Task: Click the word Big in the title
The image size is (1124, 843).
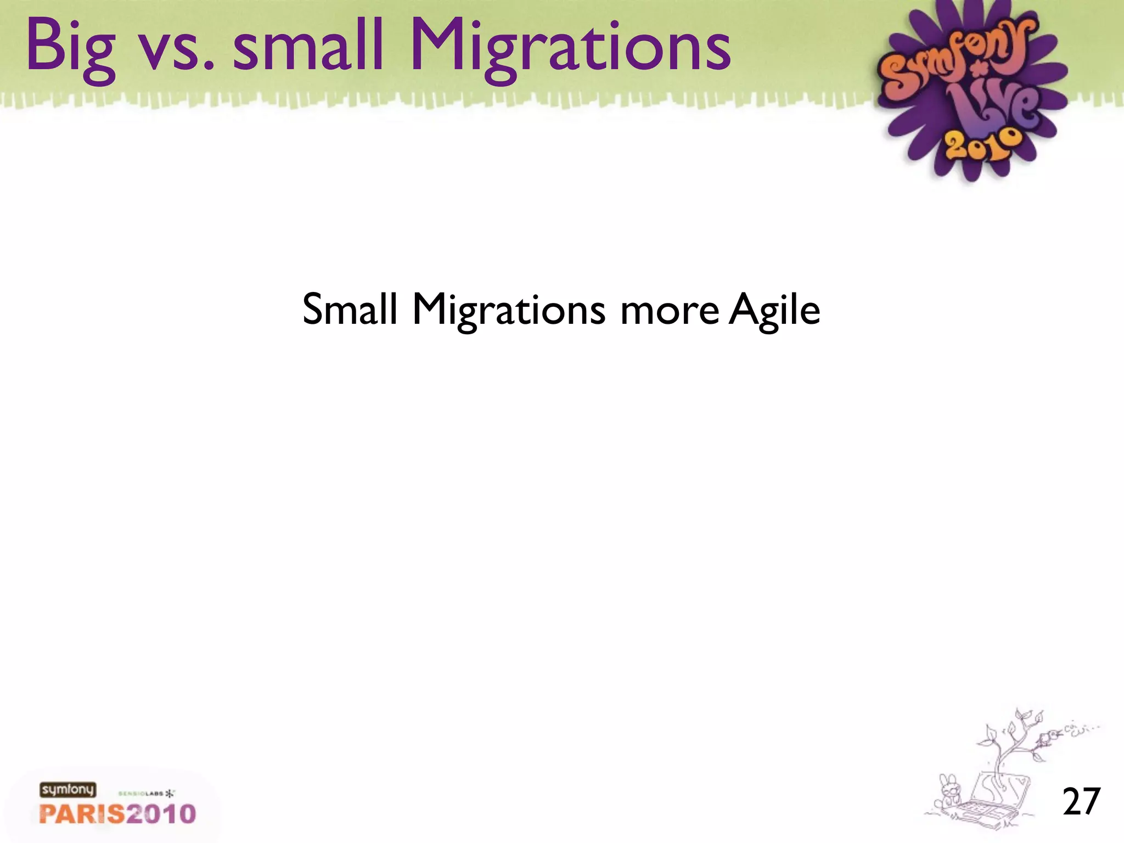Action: point(70,48)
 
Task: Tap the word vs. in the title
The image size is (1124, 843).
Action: point(177,52)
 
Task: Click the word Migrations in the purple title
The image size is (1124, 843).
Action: point(571,48)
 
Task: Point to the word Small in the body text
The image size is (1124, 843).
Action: point(350,309)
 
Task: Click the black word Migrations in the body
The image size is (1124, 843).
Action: point(509,311)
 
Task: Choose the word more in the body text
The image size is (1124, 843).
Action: point(670,311)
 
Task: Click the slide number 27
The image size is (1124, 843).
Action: point(1081,802)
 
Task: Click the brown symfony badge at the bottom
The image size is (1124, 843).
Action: point(68,790)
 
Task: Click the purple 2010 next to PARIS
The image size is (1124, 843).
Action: point(161,813)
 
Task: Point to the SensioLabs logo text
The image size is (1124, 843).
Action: point(142,793)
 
